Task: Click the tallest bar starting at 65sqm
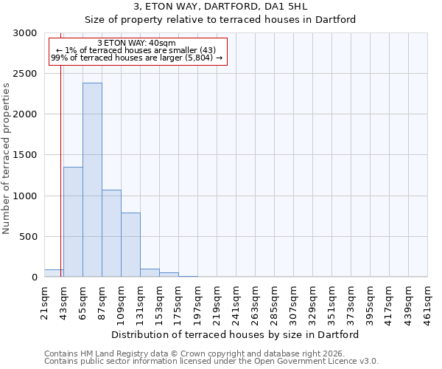tap(92, 179)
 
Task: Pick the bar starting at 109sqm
tap(130, 244)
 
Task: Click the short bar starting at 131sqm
tap(150, 272)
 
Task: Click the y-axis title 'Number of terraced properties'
tap(7, 158)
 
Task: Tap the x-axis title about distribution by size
tap(236, 334)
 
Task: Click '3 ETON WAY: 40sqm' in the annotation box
tap(136, 44)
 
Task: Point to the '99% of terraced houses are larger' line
tap(136, 58)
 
